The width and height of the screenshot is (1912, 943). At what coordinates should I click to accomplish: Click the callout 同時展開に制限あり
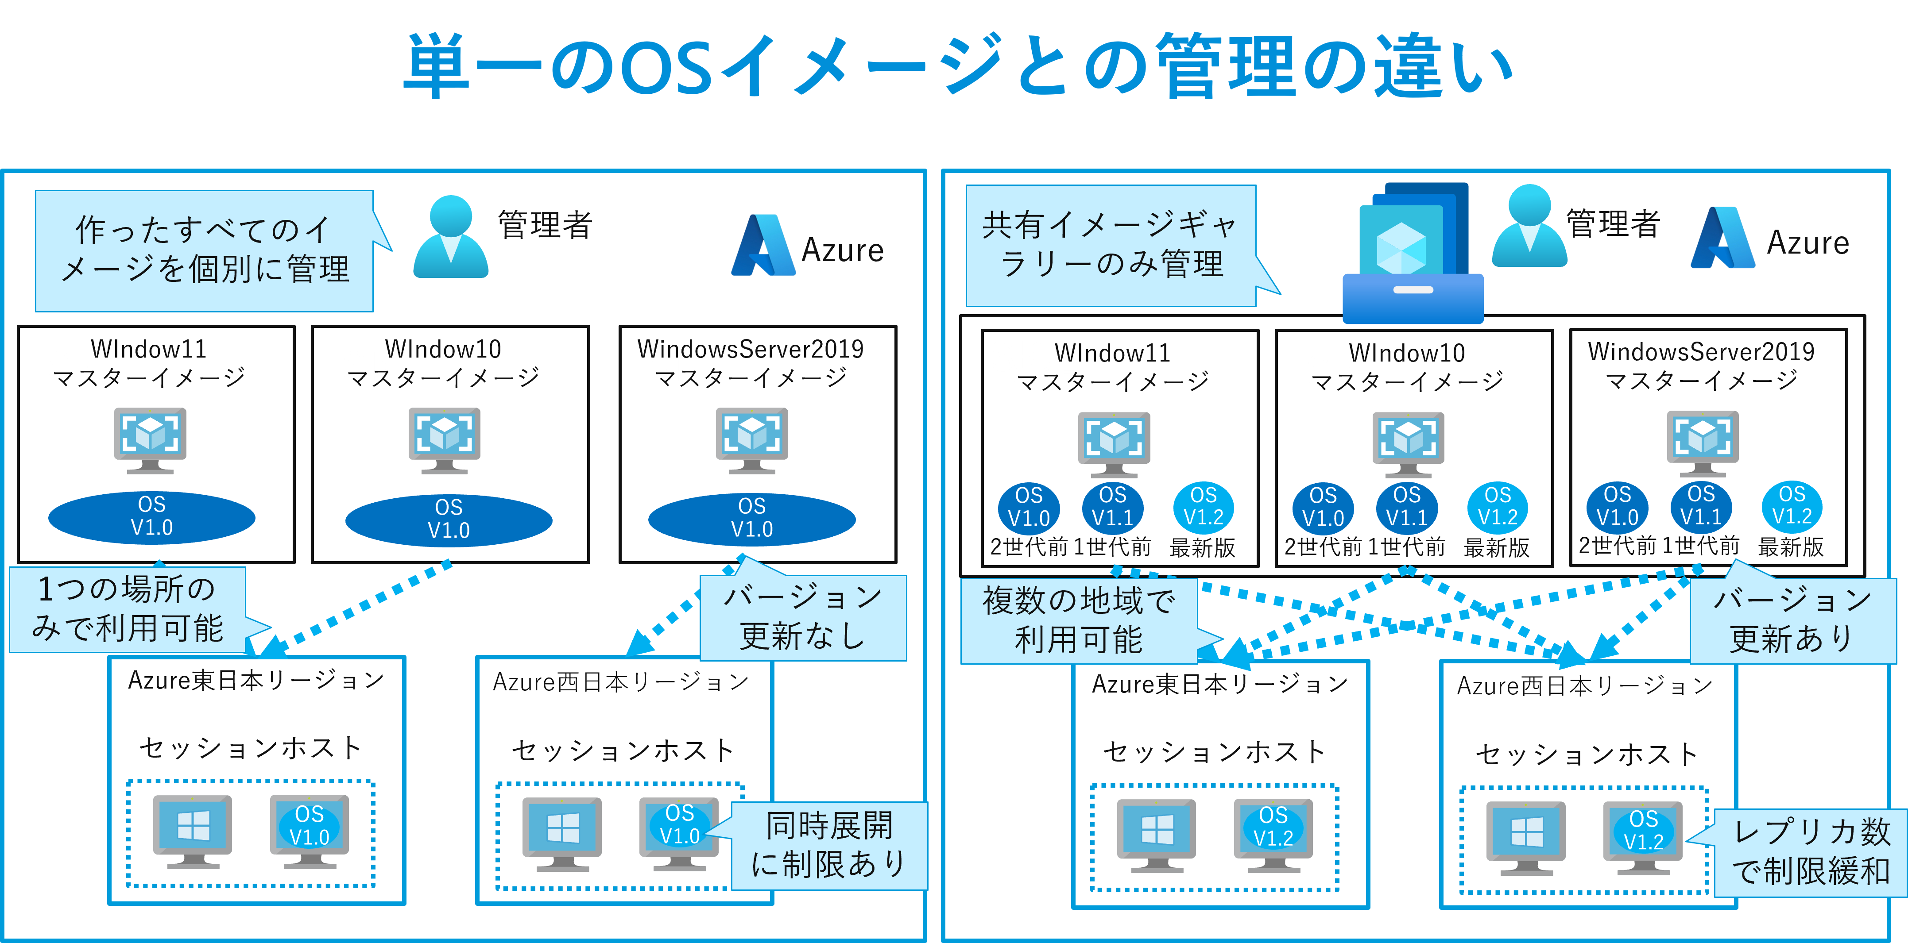829,845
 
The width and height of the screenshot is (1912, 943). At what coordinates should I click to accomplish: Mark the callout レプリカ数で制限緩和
1811,852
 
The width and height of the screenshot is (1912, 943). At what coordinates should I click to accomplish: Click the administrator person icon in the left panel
450,238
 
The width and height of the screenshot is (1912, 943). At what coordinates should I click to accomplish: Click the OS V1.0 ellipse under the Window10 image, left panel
448,520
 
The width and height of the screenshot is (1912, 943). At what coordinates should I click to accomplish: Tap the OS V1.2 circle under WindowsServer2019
1792,506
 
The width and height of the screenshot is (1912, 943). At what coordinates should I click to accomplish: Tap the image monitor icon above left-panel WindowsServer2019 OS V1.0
752,440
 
